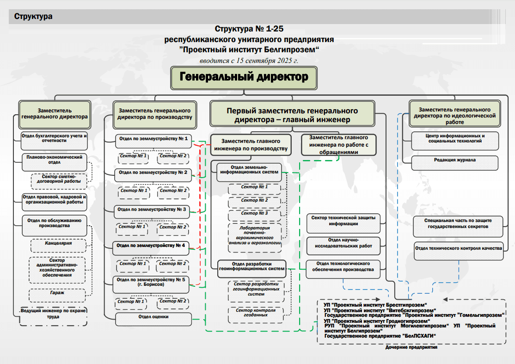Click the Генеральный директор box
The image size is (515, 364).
pyautogui.click(x=243, y=77)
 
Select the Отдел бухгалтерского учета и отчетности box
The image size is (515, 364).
pyautogui.click(x=54, y=138)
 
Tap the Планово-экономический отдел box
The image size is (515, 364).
pyautogui.click(x=54, y=160)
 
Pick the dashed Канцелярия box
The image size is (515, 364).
pyautogui.click(x=58, y=243)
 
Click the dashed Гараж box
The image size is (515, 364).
pyautogui.click(x=58, y=293)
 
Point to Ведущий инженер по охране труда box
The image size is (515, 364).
pyautogui.click(x=54, y=314)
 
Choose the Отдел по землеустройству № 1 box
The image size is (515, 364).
pyautogui.click(x=153, y=139)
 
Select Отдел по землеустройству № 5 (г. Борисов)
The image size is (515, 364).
pyautogui.click(x=151, y=283)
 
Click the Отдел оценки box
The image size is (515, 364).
pyautogui.click(x=153, y=317)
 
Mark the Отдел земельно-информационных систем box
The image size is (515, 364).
pyautogui.click(x=248, y=170)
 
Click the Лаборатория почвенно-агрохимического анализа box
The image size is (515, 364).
pyautogui.click(x=254, y=235)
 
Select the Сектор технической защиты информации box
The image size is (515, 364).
pyautogui.click(x=343, y=221)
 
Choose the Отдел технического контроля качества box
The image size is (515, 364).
pyautogui.click(x=458, y=249)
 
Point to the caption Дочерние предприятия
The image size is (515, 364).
pyautogui.click(x=411, y=347)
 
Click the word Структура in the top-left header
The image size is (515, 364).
pyautogui.click(x=33, y=17)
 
